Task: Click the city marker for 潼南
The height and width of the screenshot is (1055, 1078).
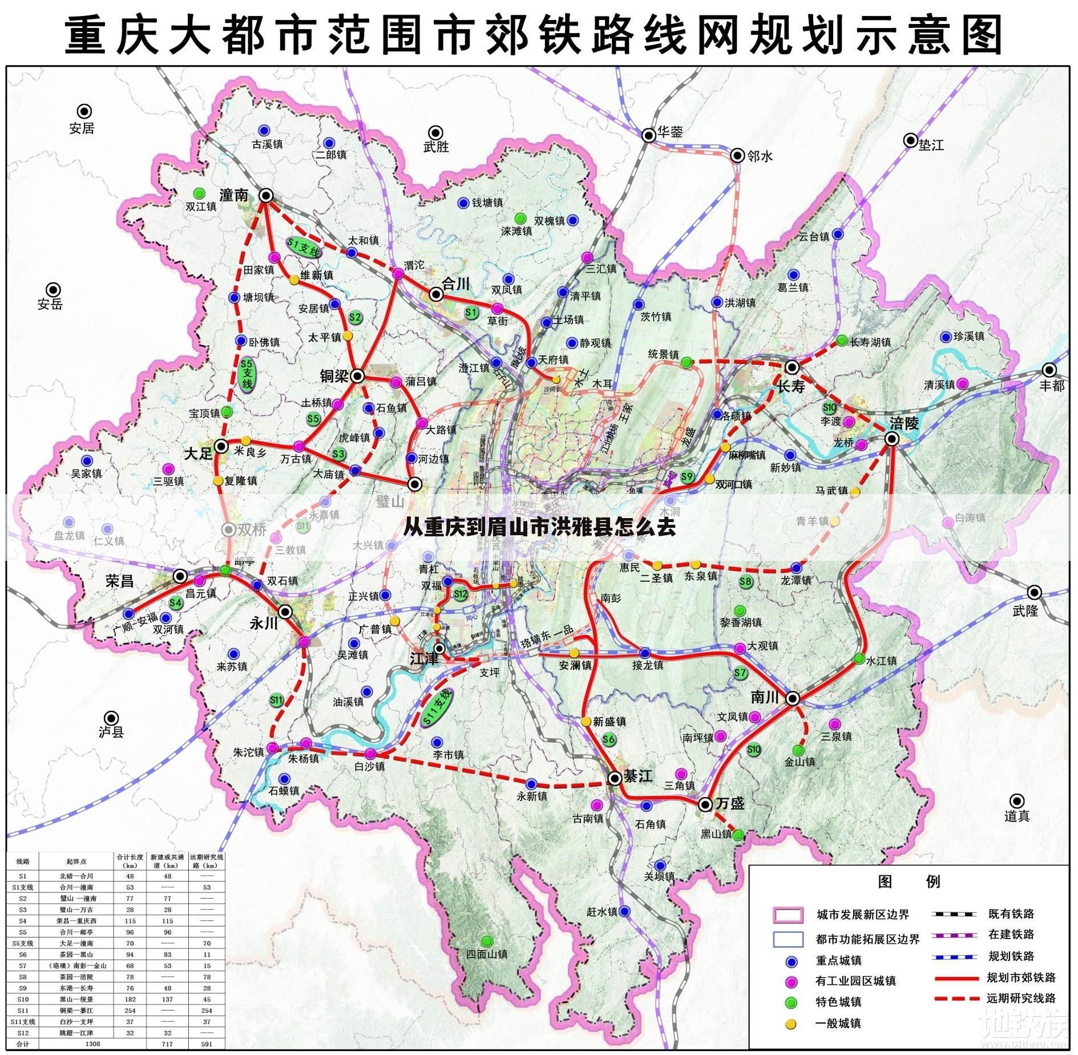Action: pos(266,196)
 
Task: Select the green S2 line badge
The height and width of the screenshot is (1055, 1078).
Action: pos(356,317)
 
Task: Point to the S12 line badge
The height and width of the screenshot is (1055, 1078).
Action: pos(461,594)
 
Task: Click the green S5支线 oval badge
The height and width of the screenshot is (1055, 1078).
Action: pos(247,373)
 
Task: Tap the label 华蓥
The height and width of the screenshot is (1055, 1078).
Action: pos(669,132)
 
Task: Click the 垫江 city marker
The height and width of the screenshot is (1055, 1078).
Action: pos(910,140)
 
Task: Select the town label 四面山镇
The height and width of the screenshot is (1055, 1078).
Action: pos(486,953)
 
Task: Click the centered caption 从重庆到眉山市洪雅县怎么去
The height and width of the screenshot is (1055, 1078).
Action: pos(539,527)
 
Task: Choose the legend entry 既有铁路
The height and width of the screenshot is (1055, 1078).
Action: pos(1011,914)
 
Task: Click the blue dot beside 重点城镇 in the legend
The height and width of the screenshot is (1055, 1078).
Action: pos(791,961)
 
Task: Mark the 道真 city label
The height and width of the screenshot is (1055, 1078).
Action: pos(1016,816)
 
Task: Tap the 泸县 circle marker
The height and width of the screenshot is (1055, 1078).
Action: pos(112,718)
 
